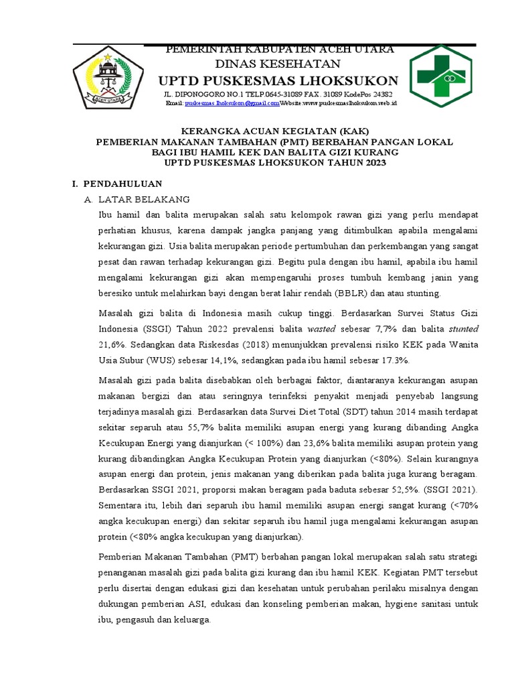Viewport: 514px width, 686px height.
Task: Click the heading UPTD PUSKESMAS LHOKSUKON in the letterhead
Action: (277, 80)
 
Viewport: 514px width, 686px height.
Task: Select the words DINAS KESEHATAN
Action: (277, 64)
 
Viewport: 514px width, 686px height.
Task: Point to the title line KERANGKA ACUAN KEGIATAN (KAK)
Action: (275, 131)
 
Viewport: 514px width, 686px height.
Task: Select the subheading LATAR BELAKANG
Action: (145, 200)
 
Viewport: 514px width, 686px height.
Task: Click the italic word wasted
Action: (322, 329)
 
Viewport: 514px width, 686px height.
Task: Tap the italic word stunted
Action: (463, 329)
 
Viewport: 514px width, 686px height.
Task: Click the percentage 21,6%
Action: (112, 344)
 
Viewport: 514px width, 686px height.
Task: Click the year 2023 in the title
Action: (372, 163)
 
